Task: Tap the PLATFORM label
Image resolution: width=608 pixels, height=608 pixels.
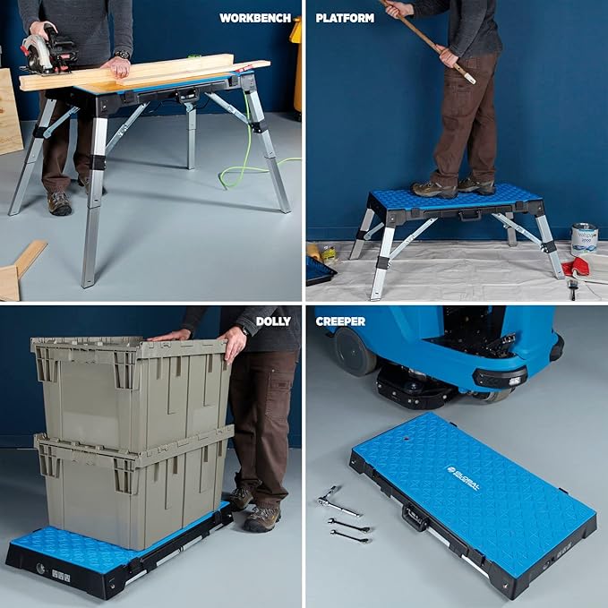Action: click(x=344, y=17)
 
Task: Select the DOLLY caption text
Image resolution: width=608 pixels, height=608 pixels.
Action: click(x=273, y=321)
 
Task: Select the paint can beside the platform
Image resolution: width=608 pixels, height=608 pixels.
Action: click(x=584, y=238)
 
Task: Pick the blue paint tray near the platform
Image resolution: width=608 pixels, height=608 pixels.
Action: click(x=320, y=270)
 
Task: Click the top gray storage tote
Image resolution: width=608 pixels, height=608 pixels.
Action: click(x=130, y=385)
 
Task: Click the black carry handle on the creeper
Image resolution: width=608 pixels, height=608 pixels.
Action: click(x=413, y=517)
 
